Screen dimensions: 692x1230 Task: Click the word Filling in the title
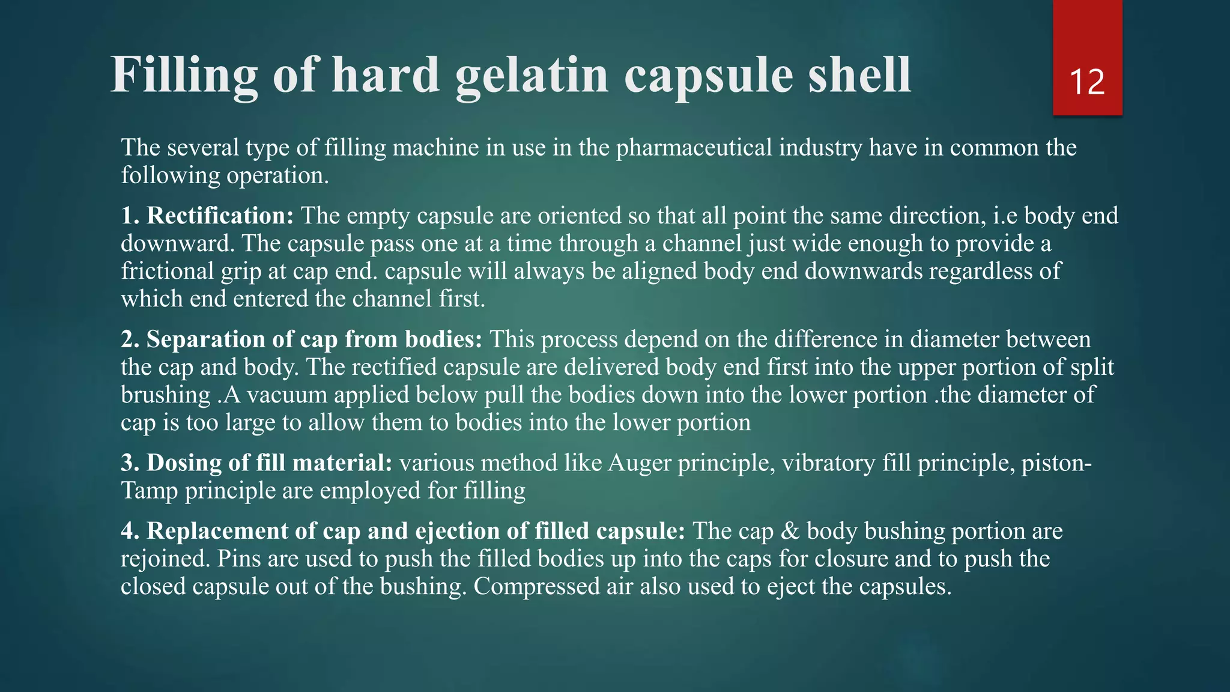pos(184,76)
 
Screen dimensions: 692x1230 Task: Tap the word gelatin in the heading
pos(532,76)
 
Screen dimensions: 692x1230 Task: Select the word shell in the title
pos(859,75)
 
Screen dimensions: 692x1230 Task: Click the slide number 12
pos(1087,82)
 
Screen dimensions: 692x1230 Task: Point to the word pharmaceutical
pos(694,148)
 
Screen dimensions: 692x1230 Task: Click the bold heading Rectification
pos(219,216)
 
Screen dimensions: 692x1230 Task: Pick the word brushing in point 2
pos(165,395)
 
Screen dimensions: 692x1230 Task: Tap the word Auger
pos(639,463)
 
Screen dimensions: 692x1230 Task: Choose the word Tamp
pos(149,491)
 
